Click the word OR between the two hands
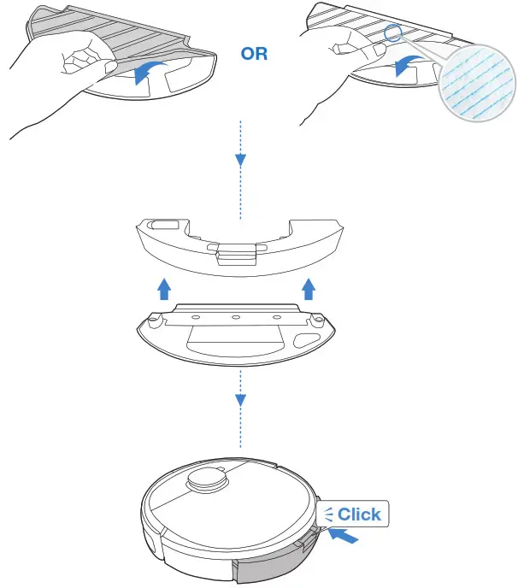click(x=254, y=54)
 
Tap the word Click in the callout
click(x=359, y=514)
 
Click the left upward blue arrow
click(x=164, y=290)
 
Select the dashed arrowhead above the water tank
click(x=240, y=159)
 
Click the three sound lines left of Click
click(x=328, y=514)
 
